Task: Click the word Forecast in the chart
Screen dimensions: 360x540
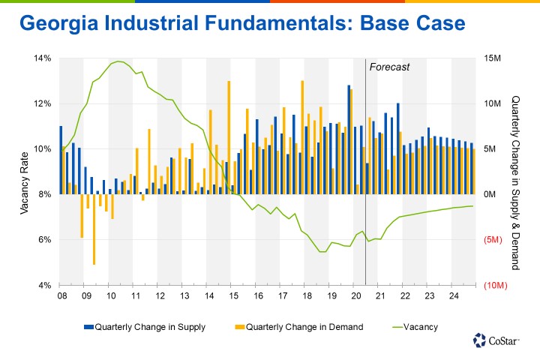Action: click(x=391, y=67)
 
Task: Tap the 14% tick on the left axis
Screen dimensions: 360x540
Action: click(x=41, y=58)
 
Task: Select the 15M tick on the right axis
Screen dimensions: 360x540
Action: click(x=493, y=58)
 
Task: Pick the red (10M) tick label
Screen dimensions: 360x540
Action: click(x=496, y=286)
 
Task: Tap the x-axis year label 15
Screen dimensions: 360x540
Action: click(x=233, y=297)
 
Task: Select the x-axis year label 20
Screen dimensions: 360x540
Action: click(x=356, y=297)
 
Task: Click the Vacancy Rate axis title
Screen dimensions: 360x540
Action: click(x=24, y=172)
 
